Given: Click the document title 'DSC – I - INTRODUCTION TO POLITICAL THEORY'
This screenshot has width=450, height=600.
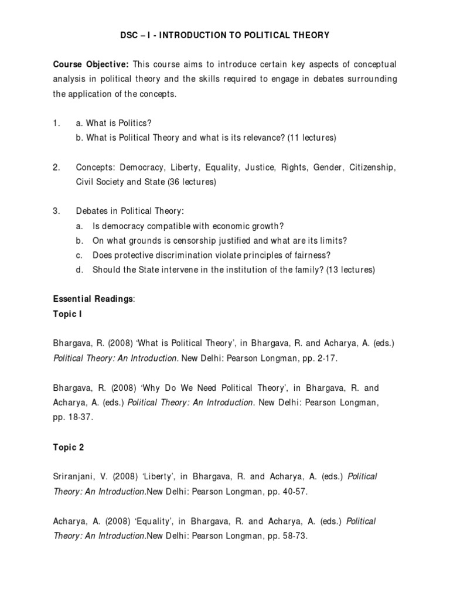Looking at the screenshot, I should [x=225, y=36].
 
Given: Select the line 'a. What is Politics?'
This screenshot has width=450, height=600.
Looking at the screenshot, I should [x=114, y=124].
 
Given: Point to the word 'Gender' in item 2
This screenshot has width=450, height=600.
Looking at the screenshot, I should [x=329, y=168].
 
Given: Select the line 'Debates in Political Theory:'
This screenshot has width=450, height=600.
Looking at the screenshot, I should [x=125, y=212].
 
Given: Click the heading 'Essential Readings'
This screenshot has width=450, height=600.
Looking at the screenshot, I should [x=93, y=299].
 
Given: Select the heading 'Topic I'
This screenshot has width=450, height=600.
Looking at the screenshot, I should [x=68, y=313].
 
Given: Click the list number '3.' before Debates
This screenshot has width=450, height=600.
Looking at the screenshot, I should [x=56, y=212].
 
